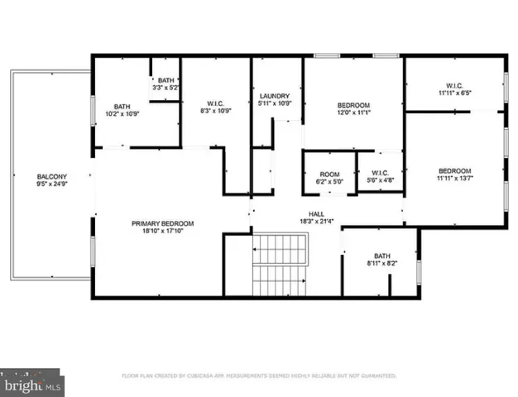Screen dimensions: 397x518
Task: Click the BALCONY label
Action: click(51, 176)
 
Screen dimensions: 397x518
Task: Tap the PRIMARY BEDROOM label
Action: click(162, 223)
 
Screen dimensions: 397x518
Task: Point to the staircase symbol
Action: click(279, 264)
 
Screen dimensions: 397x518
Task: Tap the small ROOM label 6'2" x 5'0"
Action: click(330, 174)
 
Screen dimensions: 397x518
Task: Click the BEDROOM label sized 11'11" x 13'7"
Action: click(453, 171)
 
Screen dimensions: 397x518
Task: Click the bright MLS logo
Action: click(31, 385)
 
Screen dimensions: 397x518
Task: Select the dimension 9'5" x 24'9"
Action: click(51, 185)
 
